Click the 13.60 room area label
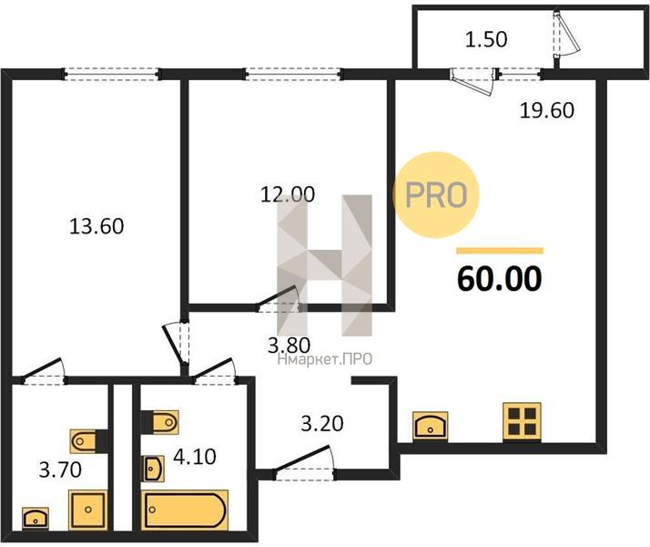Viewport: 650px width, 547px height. point(96,227)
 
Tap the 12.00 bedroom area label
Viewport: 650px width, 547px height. point(288,194)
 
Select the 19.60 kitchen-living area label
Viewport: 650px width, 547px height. point(547,110)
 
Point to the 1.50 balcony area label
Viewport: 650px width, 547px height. point(486,39)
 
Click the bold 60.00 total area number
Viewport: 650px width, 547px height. point(500,278)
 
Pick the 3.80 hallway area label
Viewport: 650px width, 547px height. point(289,345)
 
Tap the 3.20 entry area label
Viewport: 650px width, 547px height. point(322,424)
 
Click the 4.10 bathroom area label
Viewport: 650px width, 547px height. point(195,457)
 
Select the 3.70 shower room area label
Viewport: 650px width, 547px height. point(60,470)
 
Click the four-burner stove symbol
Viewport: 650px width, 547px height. point(522,421)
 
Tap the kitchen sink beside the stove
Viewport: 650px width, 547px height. point(431,426)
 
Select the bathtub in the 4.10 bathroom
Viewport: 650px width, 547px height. point(185,510)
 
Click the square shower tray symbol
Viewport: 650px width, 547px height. point(88,510)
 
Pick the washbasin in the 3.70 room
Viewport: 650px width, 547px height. point(36,519)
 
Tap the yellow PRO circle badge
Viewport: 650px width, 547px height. point(436,195)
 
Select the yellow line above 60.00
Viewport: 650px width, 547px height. point(500,251)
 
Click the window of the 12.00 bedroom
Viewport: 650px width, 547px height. point(292,74)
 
